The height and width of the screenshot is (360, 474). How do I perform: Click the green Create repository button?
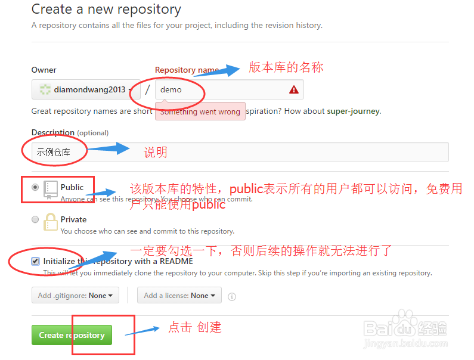[72, 335]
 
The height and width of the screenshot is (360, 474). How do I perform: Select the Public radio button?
[35, 187]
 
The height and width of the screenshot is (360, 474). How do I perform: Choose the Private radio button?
[35, 219]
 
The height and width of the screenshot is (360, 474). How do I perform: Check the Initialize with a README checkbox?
[36, 261]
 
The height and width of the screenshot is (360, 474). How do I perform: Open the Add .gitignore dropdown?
[75, 295]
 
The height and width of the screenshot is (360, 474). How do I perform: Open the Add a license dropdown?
[179, 295]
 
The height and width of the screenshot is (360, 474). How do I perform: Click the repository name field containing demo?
[221, 89]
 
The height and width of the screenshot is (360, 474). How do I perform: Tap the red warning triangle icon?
[293, 89]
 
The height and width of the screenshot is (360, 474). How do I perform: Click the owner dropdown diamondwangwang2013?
[86, 89]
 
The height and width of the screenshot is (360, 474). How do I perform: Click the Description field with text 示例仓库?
[238, 152]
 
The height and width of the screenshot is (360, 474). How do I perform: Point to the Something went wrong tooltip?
[200, 111]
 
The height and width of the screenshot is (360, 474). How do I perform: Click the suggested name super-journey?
[353, 111]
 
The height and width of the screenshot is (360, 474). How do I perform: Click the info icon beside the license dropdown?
[232, 296]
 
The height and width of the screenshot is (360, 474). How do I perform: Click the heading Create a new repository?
[106, 10]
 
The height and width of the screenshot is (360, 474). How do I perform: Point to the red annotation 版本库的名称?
[286, 67]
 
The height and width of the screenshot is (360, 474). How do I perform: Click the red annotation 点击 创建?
[195, 327]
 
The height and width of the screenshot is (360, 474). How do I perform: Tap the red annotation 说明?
[156, 153]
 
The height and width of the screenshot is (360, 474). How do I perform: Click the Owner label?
[44, 70]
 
